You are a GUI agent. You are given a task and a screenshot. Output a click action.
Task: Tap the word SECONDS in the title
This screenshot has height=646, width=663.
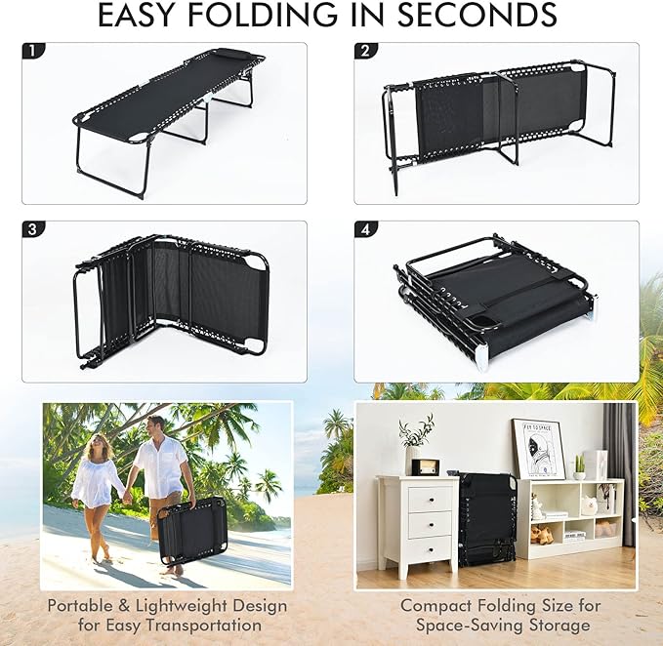477,16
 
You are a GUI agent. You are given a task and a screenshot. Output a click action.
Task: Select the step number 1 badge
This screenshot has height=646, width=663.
33,51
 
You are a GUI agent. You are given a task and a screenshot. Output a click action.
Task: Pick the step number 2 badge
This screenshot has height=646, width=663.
365,51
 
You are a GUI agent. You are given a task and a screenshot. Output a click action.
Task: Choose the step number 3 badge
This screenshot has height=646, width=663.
33,229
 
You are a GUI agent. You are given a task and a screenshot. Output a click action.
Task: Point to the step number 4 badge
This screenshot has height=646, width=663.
365,229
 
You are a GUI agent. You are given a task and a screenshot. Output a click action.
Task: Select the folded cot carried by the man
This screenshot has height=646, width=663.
192,530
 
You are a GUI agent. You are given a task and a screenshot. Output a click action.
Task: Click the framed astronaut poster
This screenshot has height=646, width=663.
538,450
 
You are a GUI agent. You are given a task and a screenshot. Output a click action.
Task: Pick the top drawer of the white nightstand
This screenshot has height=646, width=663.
430,499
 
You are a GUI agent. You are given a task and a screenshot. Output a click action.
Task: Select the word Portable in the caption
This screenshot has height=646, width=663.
79,606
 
